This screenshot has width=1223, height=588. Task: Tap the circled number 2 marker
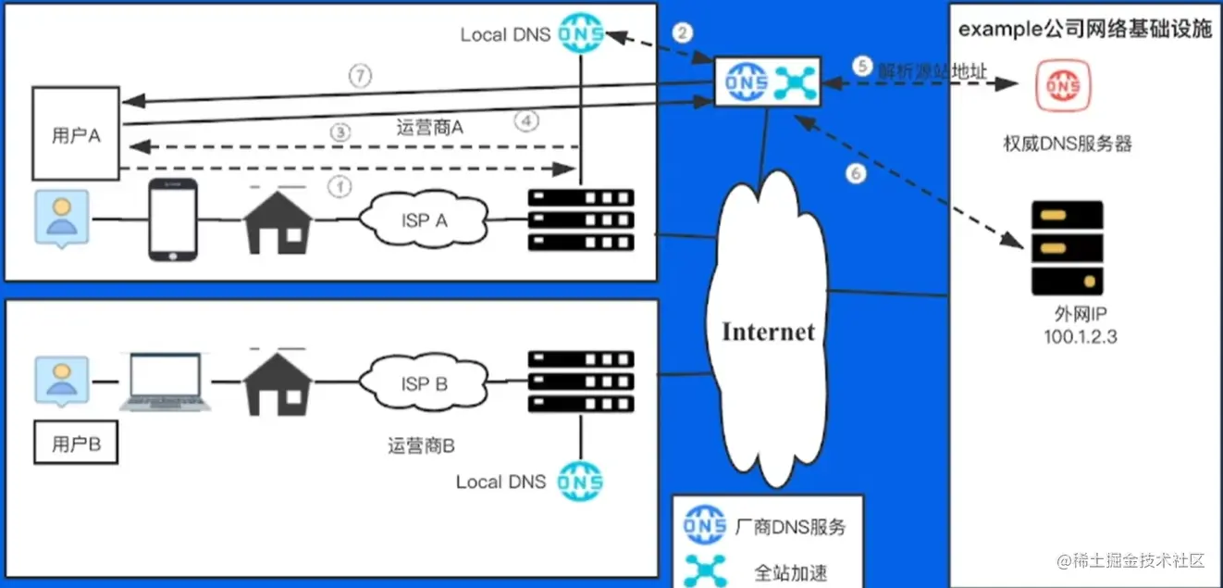point(683,33)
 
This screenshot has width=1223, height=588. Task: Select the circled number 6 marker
point(857,174)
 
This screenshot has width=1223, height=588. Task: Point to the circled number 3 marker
point(341,132)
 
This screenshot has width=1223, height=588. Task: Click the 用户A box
point(76,133)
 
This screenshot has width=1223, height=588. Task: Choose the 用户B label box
point(76,444)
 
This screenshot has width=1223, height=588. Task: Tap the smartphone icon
point(174,219)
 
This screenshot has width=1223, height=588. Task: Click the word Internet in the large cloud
point(768,332)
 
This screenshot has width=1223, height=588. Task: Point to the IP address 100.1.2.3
point(1080,337)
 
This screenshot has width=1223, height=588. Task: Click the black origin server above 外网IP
point(1068,247)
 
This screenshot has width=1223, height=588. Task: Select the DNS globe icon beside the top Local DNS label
point(581,34)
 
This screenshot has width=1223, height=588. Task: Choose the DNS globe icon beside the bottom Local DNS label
point(581,481)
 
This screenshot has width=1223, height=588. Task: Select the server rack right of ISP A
point(580,220)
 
